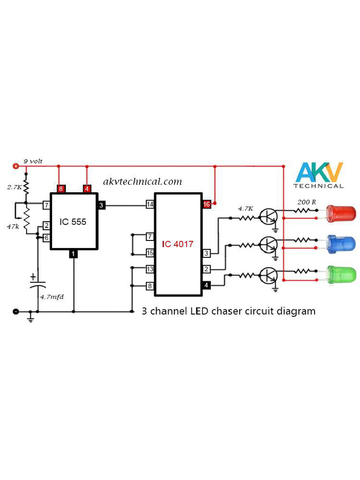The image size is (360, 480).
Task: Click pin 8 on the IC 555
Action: (x=60, y=189)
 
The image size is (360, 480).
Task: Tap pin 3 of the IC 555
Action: (x=102, y=205)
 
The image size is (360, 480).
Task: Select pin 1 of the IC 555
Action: (x=73, y=254)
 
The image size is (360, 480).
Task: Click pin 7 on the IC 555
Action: (x=46, y=205)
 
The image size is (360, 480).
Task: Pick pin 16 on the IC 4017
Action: (x=206, y=204)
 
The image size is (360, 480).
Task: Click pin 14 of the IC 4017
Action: (x=150, y=204)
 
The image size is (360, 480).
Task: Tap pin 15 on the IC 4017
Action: (x=150, y=253)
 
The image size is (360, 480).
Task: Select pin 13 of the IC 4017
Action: (x=150, y=269)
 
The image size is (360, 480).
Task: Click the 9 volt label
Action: (x=33, y=161)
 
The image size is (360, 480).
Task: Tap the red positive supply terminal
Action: (x=15, y=166)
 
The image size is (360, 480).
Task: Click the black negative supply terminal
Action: (x=15, y=311)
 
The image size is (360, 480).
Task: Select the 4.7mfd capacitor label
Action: (x=51, y=297)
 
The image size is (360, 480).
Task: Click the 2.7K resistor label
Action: (x=14, y=187)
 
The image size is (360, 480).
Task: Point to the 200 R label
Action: (x=307, y=202)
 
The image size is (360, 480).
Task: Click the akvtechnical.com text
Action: (x=142, y=181)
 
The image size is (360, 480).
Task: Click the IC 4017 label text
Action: (x=178, y=244)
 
